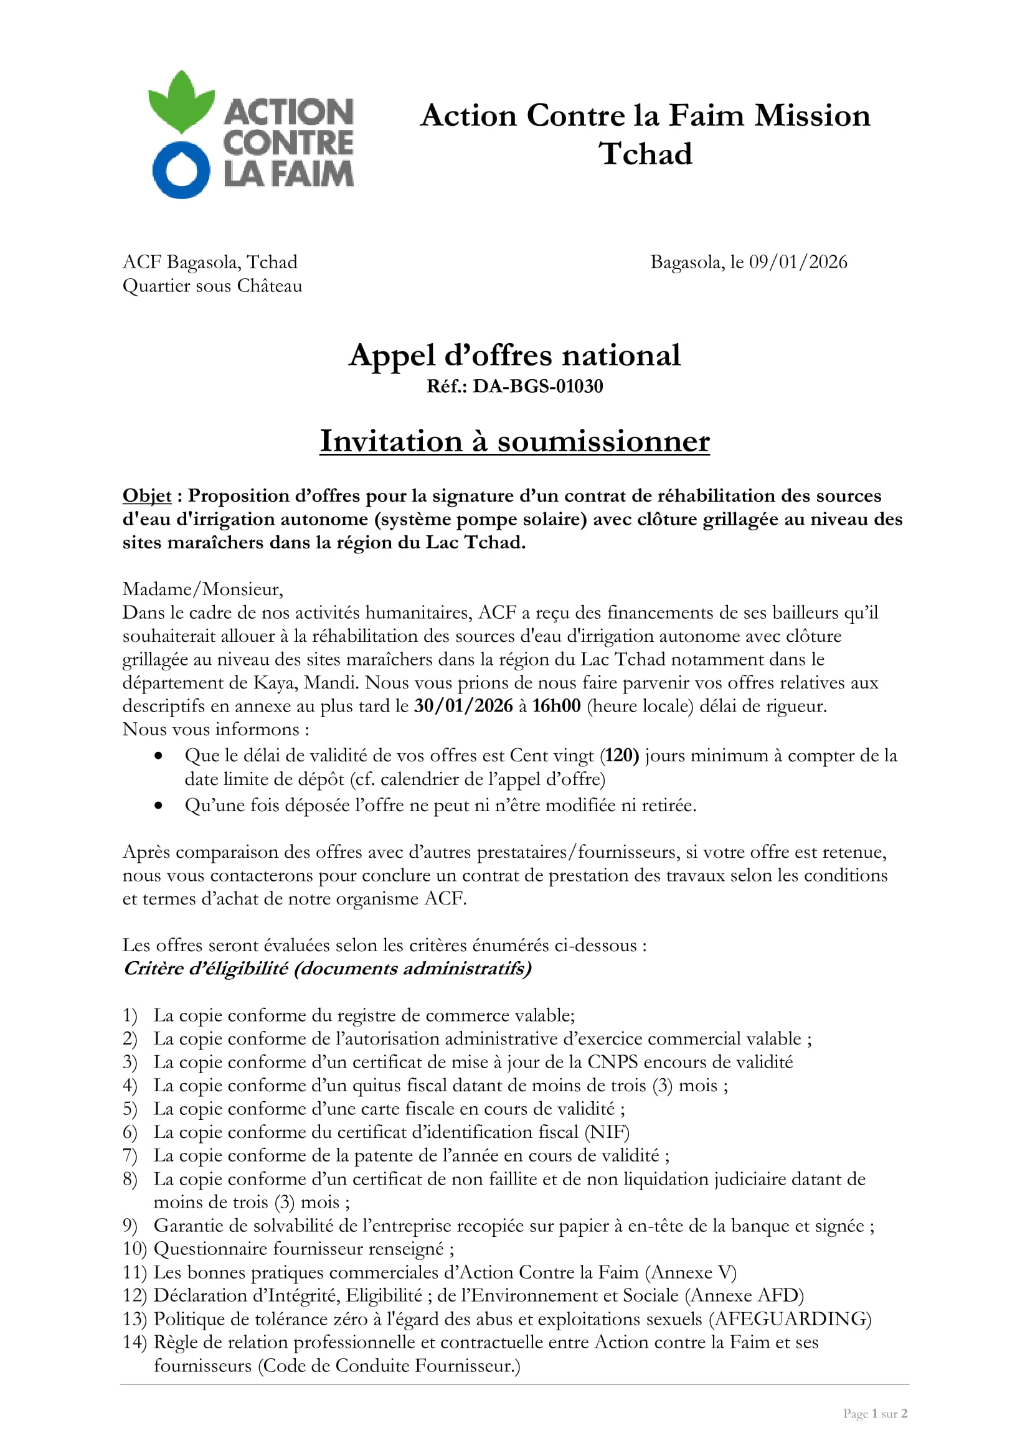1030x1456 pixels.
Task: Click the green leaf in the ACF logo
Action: [x=181, y=101]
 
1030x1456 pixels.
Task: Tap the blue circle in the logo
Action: [x=181, y=171]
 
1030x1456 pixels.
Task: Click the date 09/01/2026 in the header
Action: [x=798, y=262]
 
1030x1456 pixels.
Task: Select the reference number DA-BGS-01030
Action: [x=538, y=386]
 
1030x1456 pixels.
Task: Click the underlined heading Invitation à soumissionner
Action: [x=514, y=441]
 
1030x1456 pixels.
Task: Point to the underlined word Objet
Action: [x=146, y=496]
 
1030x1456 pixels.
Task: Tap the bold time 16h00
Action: [x=556, y=706]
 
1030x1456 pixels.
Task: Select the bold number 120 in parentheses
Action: [x=621, y=755]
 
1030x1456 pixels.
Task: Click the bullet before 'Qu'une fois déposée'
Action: [x=159, y=805]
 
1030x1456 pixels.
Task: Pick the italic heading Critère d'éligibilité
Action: [x=327, y=969]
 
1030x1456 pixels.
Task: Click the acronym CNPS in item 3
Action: [x=614, y=1062]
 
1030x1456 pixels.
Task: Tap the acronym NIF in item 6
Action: [x=607, y=1132]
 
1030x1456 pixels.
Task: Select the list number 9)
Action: [x=130, y=1226]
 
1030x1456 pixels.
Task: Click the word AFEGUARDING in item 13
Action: [x=790, y=1319]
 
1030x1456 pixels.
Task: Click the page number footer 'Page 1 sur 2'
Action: [x=875, y=1414]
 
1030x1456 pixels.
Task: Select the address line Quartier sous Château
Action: [x=212, y=286]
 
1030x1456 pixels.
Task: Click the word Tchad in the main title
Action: [x=646, y=154]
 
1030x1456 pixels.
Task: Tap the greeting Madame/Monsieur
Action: [x=203, y=589]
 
